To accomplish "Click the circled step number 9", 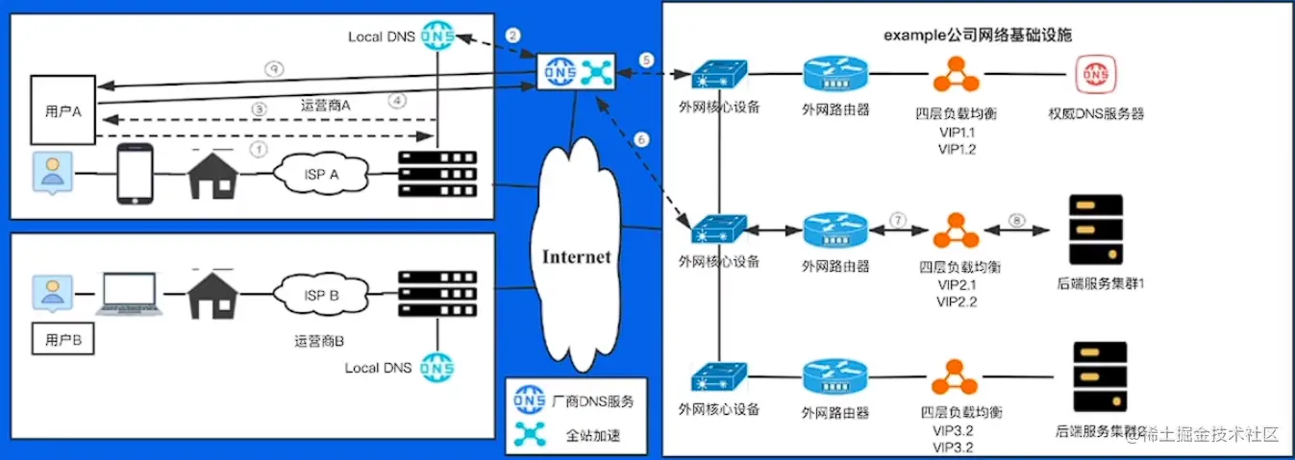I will click(274, 69).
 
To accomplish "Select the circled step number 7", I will click(898, 221).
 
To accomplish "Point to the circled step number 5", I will click(646, 60).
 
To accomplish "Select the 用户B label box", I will click(63, 339).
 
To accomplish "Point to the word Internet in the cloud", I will click(577, 257).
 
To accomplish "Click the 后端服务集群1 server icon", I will click(1096, 230).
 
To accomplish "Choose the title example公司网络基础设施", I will click(978, 35).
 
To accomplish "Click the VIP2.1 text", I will click(956, 285).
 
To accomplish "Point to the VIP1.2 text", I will click(956, 149).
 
